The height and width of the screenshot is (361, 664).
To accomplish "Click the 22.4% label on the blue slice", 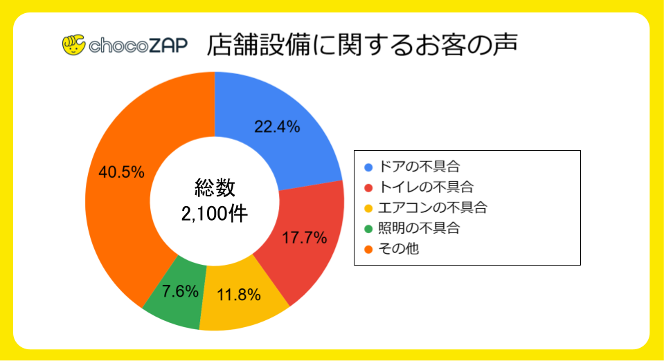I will coord(277,127).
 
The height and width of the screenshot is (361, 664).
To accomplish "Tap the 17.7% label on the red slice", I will coord(305,238).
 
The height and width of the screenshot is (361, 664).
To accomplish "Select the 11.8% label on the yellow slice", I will coord(238,295).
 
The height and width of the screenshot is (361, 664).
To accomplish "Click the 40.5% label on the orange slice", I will coord(121,172).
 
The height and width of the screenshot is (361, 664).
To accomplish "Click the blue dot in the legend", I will coord(368,167).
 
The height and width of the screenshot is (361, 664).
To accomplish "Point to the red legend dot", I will coord(368,187).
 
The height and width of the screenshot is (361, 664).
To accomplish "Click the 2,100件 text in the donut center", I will coord(215,214).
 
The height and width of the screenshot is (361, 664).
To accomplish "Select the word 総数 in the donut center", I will coord(215,188).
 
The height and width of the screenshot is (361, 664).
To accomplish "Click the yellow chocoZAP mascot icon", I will coord(73,45).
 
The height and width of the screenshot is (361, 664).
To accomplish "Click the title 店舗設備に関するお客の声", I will coord(364,44).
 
